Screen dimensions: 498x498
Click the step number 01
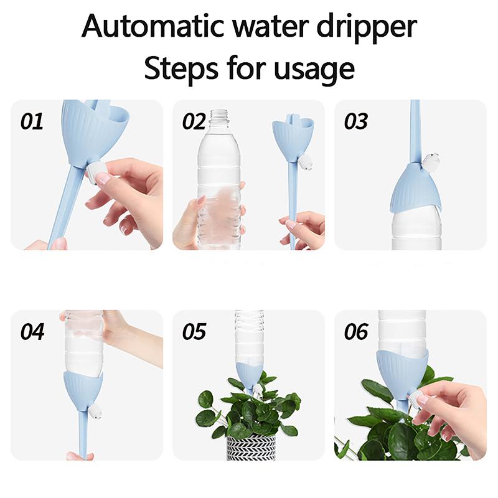[x=32, y=121]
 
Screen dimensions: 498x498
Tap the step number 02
[x=194, y=121]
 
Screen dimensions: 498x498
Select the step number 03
[x=356, y=121]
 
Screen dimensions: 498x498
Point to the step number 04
[x=32, y=332]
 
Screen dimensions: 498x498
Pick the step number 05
[x=194, y=332]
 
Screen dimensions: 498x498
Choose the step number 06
[x=356, y=332]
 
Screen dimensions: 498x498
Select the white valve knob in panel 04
[x=95, y=411]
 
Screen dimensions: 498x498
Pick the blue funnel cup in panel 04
[x=83, y=387]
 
